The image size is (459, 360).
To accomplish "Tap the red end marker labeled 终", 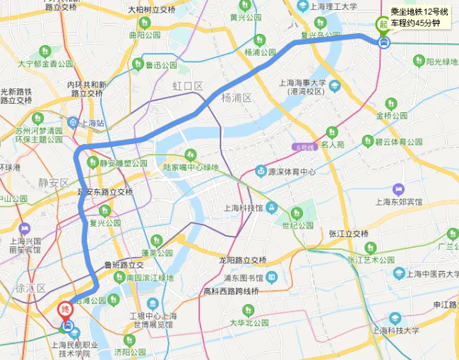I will point(66,309).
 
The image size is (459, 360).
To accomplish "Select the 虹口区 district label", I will point(188,86).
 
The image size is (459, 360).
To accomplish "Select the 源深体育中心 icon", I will point(261,171).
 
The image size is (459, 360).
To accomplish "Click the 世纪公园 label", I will point(297,225).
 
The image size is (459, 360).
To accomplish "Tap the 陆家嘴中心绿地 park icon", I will point(189,155).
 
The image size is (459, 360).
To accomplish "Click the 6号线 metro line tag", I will point(302,146).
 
